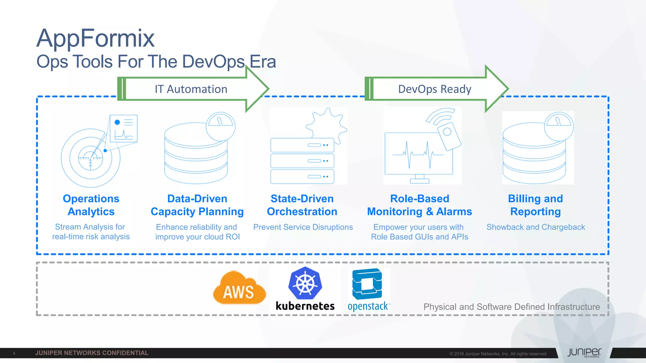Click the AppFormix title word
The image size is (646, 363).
(95, 38)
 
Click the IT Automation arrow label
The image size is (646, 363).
(191, 89)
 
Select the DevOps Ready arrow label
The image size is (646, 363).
(434, 89)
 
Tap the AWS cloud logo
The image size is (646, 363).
(239, 289)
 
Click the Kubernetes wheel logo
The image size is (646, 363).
(305, 283)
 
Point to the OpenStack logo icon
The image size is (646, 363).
(367, 284)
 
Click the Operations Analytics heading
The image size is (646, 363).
(91, 205)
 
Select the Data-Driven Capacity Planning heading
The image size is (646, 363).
(197, 205)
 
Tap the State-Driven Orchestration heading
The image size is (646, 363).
(302, 205)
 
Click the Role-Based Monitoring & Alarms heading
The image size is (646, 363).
(420, 205)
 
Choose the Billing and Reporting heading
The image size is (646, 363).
(535, 205)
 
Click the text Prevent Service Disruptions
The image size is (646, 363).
(303, 227)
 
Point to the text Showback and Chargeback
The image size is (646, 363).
(536, 227)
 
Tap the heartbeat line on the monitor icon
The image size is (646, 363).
(418, 154)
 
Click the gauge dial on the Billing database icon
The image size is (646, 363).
(559, 126)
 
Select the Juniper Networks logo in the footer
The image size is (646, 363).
(584, 353)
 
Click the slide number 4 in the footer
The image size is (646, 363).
(14, 353)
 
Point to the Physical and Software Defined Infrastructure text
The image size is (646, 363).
(511, 307)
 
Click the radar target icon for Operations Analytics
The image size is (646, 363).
(91, 158)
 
